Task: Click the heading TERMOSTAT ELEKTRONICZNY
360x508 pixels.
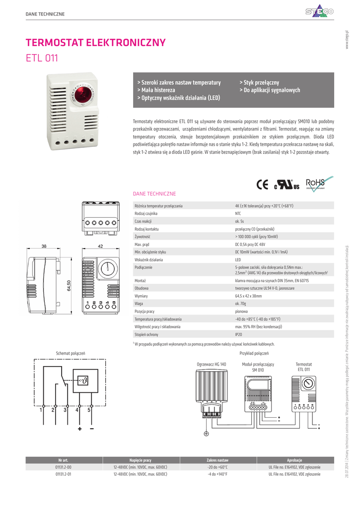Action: coord(95,42)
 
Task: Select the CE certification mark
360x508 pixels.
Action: coord(262,185)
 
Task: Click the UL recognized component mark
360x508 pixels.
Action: coord(288,185)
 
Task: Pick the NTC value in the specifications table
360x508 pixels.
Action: coord(238,213)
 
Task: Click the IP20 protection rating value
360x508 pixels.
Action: coord(238,335)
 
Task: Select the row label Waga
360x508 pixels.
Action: coord(139,303)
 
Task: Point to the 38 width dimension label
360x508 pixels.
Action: coord(44,247)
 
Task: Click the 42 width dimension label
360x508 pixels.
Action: coord(100,247)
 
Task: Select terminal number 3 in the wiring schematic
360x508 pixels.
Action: coord(65,410)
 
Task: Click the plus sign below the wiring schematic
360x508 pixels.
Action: coord(79,428)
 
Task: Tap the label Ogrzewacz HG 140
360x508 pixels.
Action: coord(212,364)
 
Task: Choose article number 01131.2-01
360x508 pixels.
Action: coord(64,474)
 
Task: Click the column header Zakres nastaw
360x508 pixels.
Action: coord(217,460)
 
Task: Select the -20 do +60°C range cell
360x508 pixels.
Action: coord(217,467)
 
